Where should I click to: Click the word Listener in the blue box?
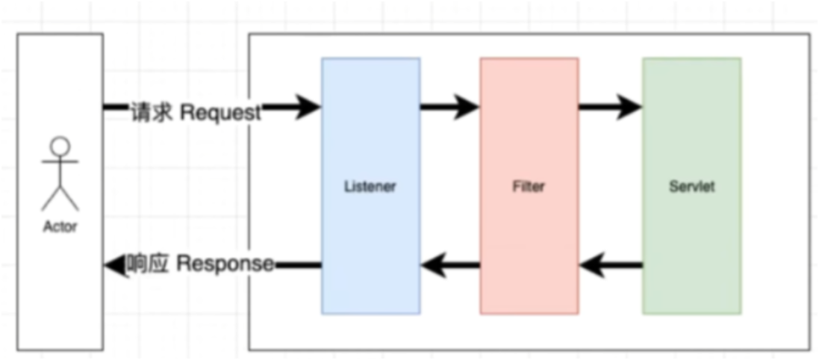(370, 187)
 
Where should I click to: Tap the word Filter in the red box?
(529, 187)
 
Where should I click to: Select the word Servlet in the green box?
(691, 187)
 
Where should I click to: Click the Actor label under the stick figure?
(60, 227)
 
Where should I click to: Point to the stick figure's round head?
(60, 145)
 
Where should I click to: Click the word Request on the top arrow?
(221, 113)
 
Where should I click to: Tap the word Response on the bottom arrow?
(225, 264)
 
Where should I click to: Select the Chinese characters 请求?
(152, 113)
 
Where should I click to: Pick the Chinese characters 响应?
(148, 264)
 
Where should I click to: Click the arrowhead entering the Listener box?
(308, 108)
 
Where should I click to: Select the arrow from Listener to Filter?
(449, 108)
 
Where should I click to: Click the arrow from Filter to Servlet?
(609, 108)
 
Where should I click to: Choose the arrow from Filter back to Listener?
(449, 264)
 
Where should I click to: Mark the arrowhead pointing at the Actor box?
(113, 264)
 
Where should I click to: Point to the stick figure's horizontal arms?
(60, 161)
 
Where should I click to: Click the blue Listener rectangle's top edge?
(370, 58)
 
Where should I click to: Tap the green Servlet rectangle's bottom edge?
(691, 314)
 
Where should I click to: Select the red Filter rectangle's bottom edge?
(529, 314)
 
